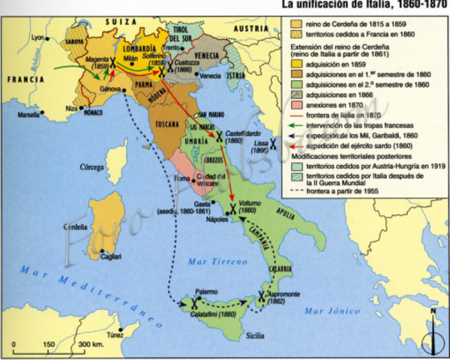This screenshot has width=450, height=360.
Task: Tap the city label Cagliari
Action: (112, 256)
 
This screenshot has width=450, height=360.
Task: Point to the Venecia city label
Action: (211, 76)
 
